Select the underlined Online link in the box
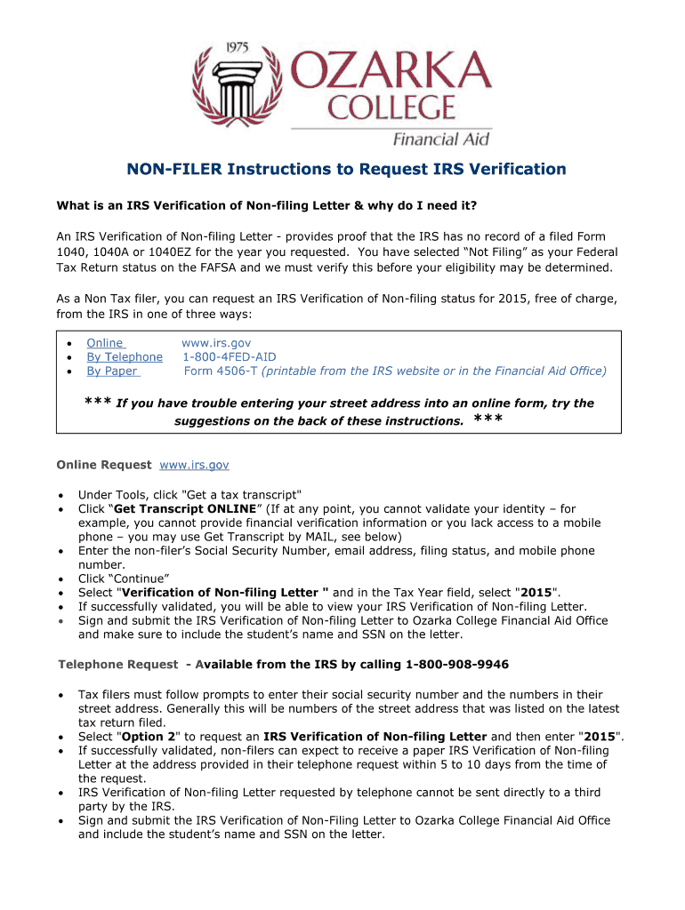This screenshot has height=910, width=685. pyautogui.click(x=105, y=342)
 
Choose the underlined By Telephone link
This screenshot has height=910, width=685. pyautogui.click(x=125, y=356)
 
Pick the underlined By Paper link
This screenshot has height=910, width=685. pyautogui.click(x=112, y=371)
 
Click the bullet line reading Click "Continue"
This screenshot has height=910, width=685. pyautogui.click(x=124, y=579)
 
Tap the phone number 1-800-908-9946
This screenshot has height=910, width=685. pyautogui.click(x=457, y=665)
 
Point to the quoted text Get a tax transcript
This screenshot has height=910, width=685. pyautogui.click(x=236, y=494)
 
